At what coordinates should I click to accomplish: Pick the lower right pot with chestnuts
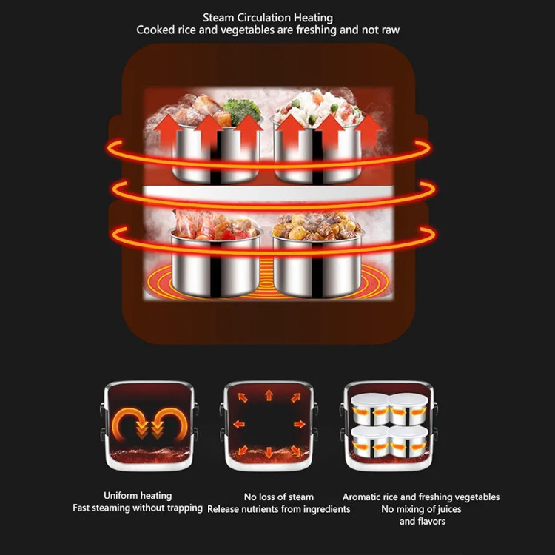point(317,254)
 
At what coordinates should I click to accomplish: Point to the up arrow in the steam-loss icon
point(269,395)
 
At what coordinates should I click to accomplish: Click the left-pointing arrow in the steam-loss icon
point(239,424)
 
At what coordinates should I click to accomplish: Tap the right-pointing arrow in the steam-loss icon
point(300,424)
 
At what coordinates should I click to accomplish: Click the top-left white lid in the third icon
point(369,400)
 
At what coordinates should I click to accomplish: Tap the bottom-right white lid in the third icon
point(408,432)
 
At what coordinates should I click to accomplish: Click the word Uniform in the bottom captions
point(119,496)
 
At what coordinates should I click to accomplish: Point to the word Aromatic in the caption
point(360,497)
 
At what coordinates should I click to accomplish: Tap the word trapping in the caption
point(185,508)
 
